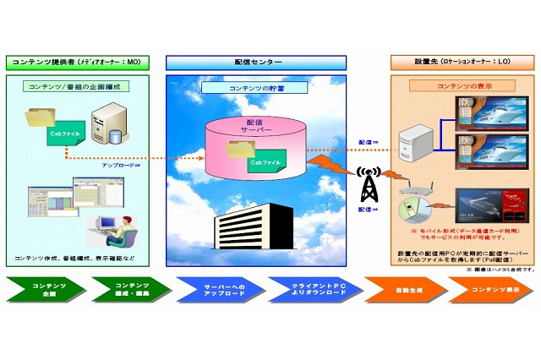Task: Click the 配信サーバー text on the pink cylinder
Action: pos(254,128)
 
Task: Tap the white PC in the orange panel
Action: pos(417,140)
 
